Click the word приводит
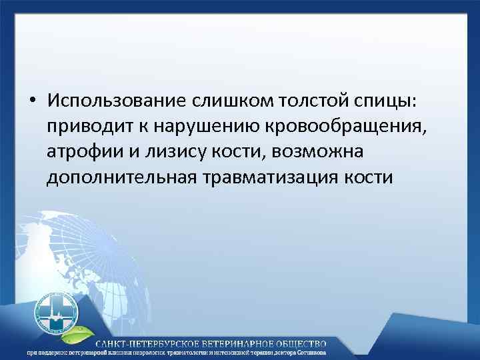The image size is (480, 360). click(85, 127)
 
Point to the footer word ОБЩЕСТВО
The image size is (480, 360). click(304, 342)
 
